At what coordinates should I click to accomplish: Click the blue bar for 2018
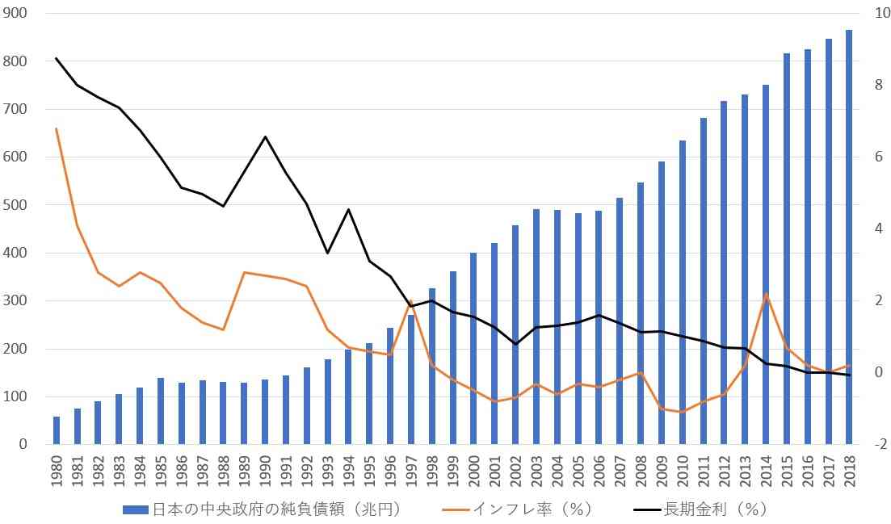(x=849, y=237)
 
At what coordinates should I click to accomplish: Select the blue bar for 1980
(x=57, y=430)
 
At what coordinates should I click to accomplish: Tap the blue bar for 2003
(x=536, y=326)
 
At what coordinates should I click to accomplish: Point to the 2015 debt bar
(x=787, y=249)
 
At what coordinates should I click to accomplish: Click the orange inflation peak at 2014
(x=766, y=294)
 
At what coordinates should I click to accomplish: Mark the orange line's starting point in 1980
(x=57, y=129)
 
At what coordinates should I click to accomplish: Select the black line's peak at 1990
(x=265, y=136)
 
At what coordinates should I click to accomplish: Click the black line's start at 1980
(x=57, y=58)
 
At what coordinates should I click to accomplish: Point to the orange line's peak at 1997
(x=411, y=300)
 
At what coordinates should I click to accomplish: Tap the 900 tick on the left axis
(x=15, y=13)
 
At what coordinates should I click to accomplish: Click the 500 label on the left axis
(x=15, y=205)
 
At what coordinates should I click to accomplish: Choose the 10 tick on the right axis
(x=882, y=13)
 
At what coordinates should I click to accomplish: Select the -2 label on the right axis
(x=880, y=444)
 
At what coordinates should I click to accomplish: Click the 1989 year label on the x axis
(x=244, y=471)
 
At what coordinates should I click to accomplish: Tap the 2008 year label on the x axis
(x=641, y=471)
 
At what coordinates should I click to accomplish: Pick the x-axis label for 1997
(x=411, y=471)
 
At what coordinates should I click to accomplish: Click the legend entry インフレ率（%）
(x=518, y=509)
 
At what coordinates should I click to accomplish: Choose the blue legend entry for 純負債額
(x=263, y=509)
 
